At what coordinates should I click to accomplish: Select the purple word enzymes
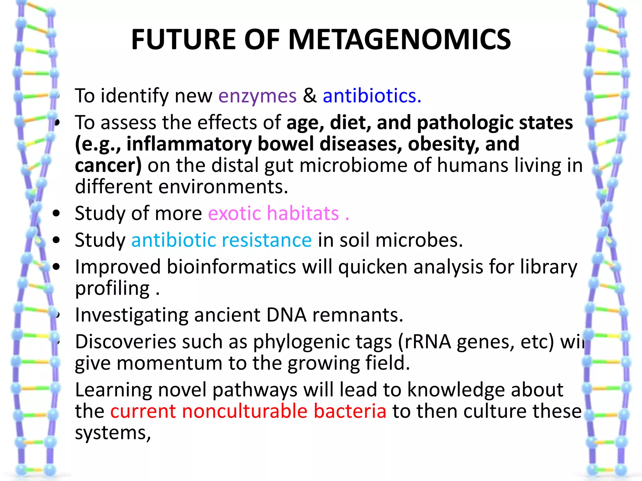257,96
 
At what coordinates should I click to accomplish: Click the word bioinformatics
231,267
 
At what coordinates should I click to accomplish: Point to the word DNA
286,315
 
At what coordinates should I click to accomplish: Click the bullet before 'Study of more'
56,214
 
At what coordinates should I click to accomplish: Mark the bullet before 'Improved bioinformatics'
56,267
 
